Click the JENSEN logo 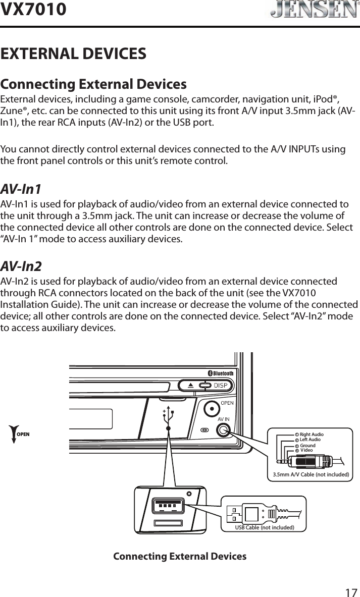coord(310,11)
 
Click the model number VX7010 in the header coord(33,9)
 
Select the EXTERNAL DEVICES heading coord(74,53)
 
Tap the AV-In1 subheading coord(21,189)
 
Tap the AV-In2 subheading coord(21,266)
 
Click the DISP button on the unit coord(221,386)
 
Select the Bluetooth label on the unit coord(221,373)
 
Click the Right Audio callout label coord(311,434)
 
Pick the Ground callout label coord(307,446)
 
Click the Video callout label coord(306,450)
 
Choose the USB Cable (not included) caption coord(265,528)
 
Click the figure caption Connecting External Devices coord(180,556)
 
